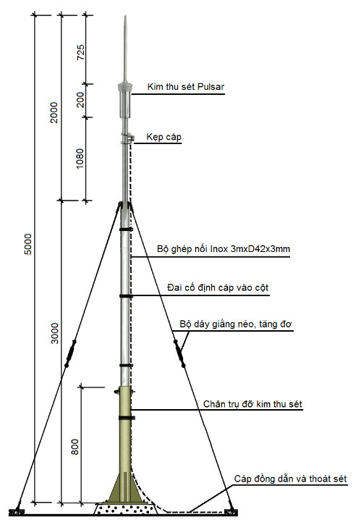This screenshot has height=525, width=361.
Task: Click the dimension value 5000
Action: pos(28,244)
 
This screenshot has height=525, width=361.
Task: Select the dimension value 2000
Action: pos(54,112)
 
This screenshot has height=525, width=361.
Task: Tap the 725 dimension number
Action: pos(81,52)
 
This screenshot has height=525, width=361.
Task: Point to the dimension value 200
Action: pos(81,99)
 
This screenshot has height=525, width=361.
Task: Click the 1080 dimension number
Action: pos(80,159)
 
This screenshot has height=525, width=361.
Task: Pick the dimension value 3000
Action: pos(55,333)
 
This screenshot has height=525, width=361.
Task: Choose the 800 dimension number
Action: pos(75,447)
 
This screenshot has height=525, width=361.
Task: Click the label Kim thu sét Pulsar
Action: pos(186,87)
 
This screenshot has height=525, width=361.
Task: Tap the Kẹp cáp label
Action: pos(164,138)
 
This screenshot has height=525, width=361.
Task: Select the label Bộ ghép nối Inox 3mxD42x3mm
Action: pos(224,249)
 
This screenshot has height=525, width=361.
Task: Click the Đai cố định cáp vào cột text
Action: pos(218,288)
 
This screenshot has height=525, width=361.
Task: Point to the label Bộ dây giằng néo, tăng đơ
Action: pos(236,324)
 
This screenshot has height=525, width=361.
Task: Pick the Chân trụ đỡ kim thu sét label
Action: pos(252,404)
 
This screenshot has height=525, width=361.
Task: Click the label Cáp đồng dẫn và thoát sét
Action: pos(290,479)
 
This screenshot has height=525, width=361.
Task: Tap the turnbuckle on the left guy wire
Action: pos(70,353)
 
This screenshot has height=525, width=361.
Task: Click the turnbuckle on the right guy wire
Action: pos(179,353)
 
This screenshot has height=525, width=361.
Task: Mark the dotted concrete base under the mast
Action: pos(125,509)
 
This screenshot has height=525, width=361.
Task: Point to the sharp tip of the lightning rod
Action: pos(125,16)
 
